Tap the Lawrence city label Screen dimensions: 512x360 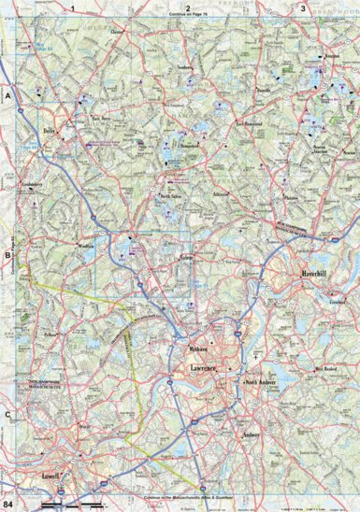click(x=197, y=371)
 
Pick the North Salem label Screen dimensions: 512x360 click(x=168, y=196)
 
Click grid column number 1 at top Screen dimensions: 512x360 click(x=73, y=7)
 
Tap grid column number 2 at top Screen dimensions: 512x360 click(x=188, y=7)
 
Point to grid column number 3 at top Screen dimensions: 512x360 click(x=302, y=7)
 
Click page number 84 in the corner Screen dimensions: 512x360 click(x=8, y=505)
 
